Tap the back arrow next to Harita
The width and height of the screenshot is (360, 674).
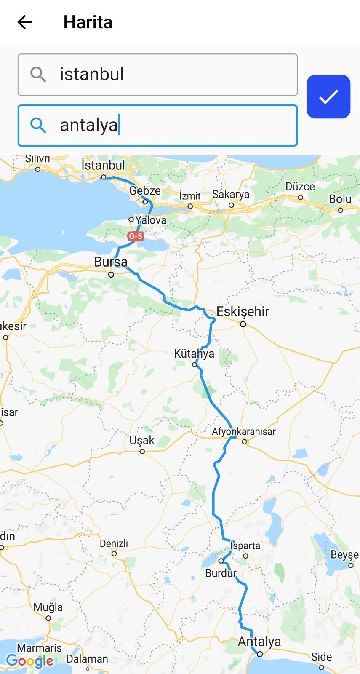24,22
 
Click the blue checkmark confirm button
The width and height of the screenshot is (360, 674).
328,96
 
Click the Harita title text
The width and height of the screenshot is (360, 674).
88,22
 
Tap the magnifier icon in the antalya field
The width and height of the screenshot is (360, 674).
38,125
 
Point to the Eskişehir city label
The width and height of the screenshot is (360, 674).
243,312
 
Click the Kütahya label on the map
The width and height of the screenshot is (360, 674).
194,353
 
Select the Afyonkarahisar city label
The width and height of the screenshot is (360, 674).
243,431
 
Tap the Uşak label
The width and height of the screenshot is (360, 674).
142,441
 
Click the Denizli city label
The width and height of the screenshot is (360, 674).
114,543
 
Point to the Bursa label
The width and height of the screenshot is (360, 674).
111,262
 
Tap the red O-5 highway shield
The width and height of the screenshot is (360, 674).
136,236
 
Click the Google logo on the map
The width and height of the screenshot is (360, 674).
29,661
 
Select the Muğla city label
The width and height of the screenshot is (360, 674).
48,607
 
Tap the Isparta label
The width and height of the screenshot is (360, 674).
245,546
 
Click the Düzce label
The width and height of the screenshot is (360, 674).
300,187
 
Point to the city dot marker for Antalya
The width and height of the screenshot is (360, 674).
260,654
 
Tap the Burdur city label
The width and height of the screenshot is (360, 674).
221,573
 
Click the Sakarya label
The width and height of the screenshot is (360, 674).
231,194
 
